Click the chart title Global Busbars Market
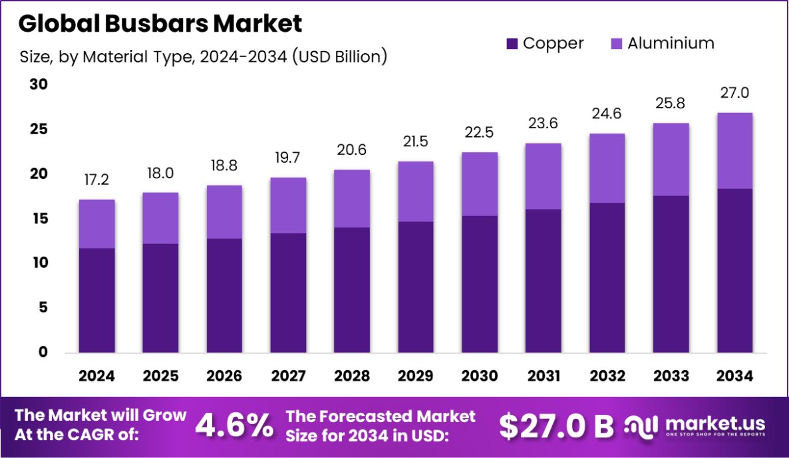pos(160,24)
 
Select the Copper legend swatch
pos(512,44)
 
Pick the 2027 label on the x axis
pos(288,376)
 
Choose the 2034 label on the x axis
pos(735,376)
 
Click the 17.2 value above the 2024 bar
pos(96,180)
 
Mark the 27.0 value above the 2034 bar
pos(735,93)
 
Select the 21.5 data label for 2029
pos(416,142)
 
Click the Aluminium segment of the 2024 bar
pos(96,223)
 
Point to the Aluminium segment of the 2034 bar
pos(735,151)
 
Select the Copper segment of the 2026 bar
pos(224,295)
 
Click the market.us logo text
pos(714,423)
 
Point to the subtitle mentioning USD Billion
pos(203,57)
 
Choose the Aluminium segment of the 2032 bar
pos(607,168)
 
